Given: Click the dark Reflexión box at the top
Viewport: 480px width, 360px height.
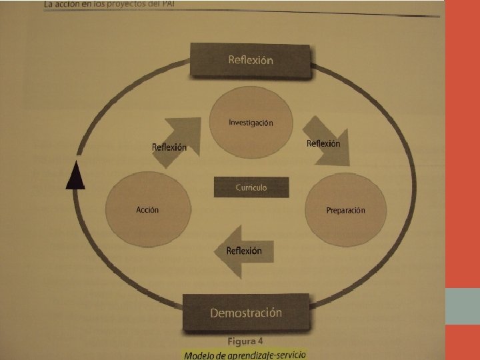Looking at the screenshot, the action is (x=250, y=60).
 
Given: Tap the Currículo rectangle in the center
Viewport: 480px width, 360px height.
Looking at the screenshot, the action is (x=251, y=187).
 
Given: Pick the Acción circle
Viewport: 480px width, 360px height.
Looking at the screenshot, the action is (x=147, y=209).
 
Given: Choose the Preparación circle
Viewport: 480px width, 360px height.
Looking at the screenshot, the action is (x=345, y=210).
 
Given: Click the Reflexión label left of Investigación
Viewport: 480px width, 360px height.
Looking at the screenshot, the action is (x=169, y=147).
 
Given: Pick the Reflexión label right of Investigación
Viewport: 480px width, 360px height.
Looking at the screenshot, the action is (x=323, y=143).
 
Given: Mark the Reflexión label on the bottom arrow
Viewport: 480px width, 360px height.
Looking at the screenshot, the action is (x=244, y=251).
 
